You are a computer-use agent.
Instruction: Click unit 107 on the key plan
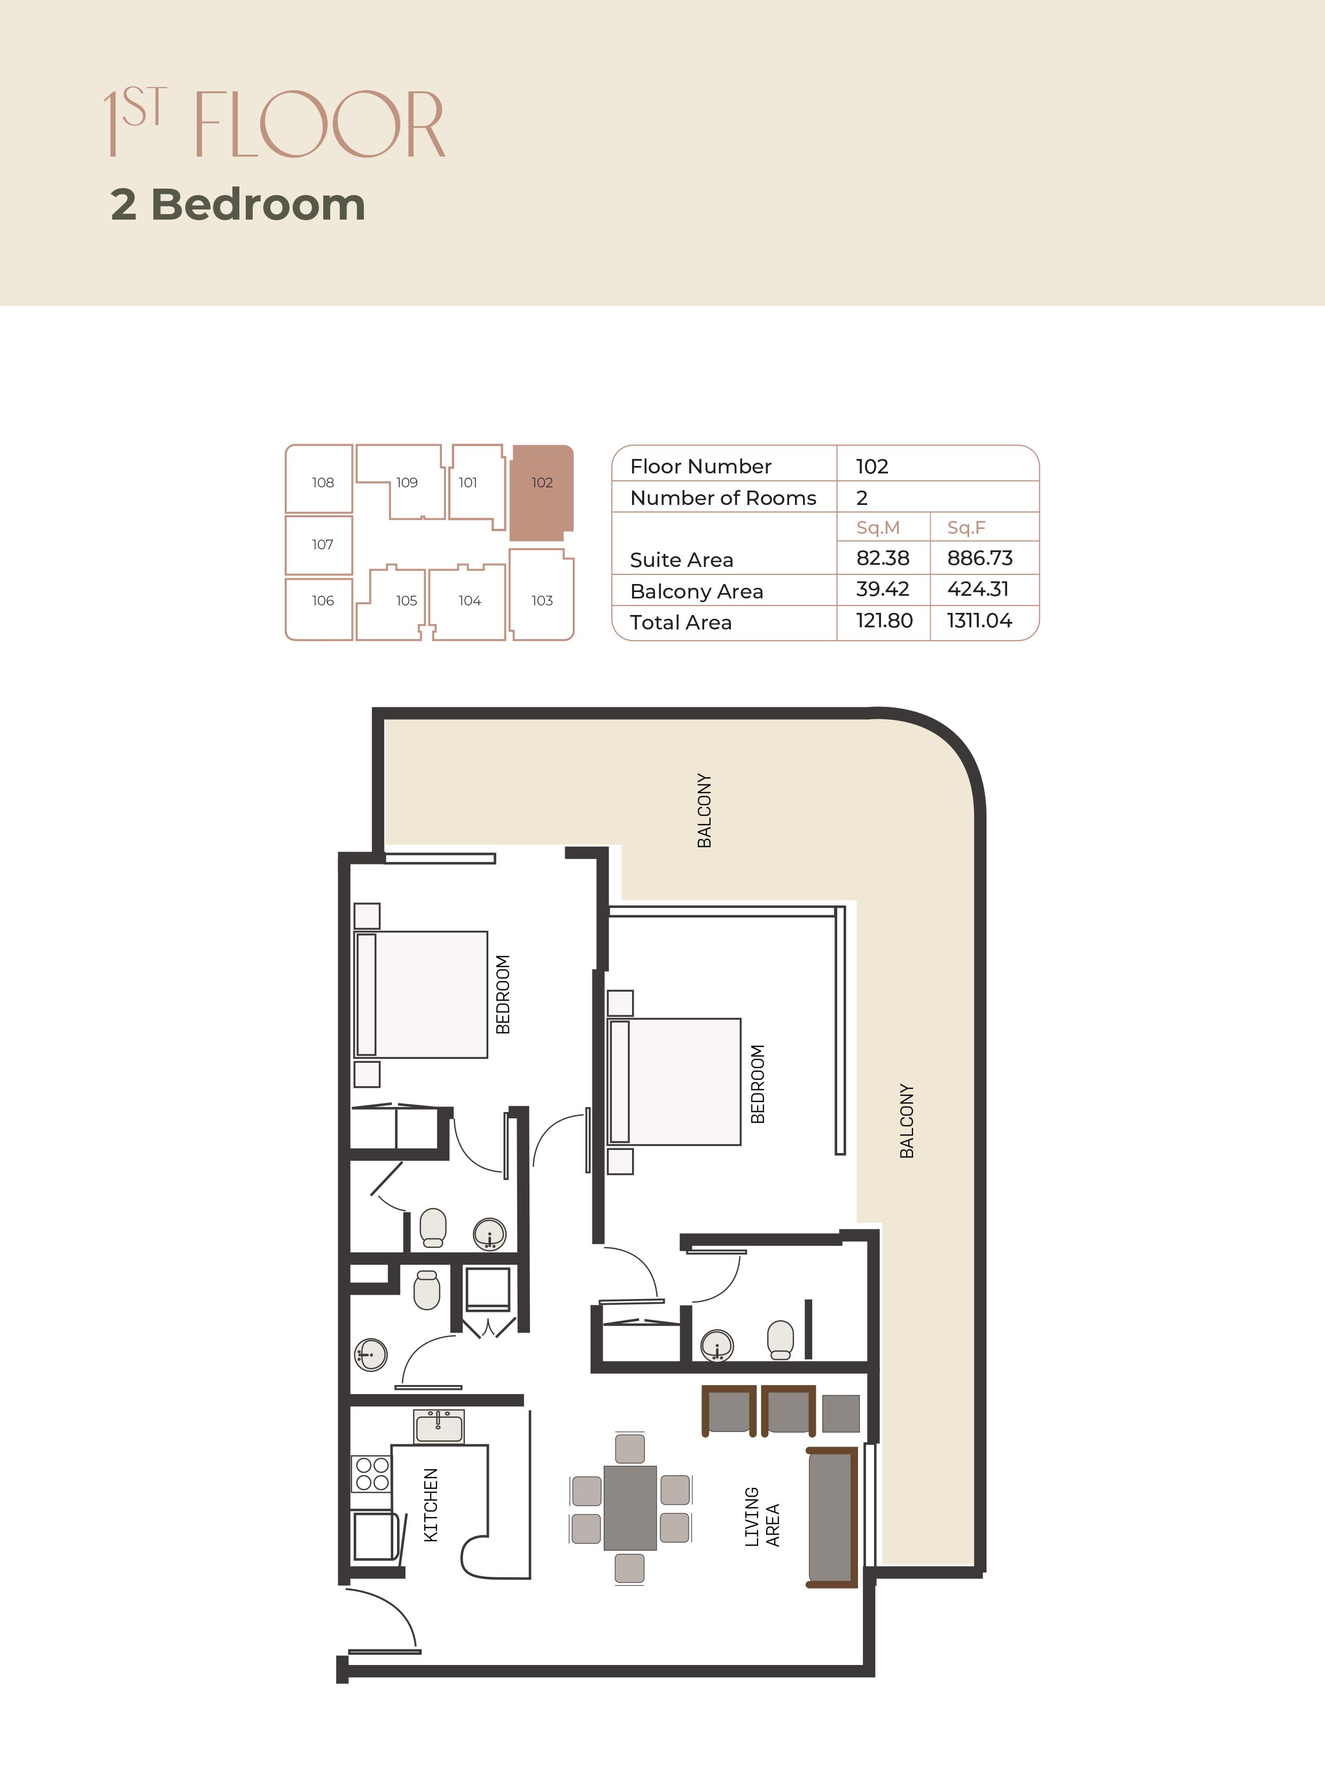[x=322, y=544]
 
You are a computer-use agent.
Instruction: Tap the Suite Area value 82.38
[x=882, y=558]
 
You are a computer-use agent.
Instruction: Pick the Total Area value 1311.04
[x=979, y=621]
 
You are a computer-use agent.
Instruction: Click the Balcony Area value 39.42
[x=882, y=589]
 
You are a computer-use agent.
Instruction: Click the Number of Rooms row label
[x=723, y=498]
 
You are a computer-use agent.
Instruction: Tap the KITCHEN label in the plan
[x=431, y=1505]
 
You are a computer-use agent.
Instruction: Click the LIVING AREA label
[x=761, y=1516]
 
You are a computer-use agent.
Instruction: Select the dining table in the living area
[x=630, y=1508]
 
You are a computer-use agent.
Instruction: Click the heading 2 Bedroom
[x=238, y=205]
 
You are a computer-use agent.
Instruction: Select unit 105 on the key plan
[x=406, y=601]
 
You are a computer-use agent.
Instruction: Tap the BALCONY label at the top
[x=704, y=810]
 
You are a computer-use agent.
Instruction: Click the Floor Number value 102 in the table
[x=872, y=467]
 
